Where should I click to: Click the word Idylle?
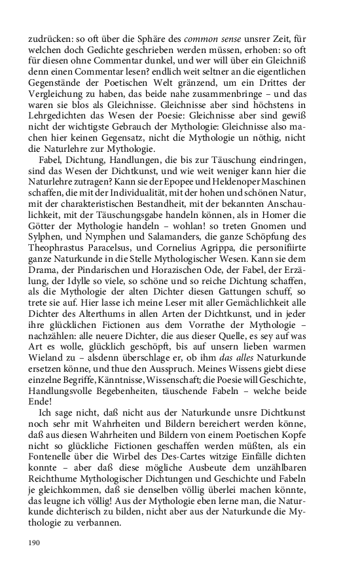coord(82,308)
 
